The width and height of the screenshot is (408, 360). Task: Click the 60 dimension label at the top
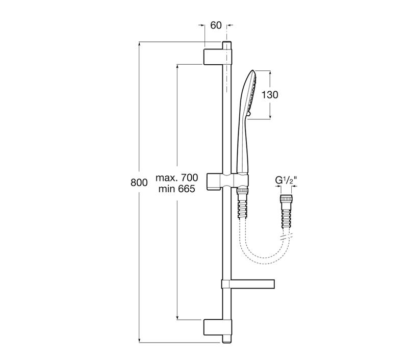(x=216, y=25)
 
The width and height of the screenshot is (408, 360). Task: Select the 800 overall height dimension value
(x=139, y=183)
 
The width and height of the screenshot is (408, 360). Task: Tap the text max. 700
(x=176, y=177)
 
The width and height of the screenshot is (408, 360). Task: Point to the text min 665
(x=176, y=189)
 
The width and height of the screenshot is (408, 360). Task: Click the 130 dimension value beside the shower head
(x=270, y=95)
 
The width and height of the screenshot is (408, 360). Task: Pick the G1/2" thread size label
(x=286, y=181)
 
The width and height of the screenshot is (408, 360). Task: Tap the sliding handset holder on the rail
(x=227, y=181)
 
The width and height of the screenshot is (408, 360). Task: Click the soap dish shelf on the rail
(x=248, y=284)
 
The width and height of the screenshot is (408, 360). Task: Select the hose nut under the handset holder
(x=243, y=191)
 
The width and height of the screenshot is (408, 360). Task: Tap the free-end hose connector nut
(x=287, y=198)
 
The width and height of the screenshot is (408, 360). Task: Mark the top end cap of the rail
(x=227, y=45)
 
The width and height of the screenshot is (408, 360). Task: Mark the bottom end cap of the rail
(x=227, y=339)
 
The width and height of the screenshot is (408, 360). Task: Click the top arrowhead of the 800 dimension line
(x=140, y=45)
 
